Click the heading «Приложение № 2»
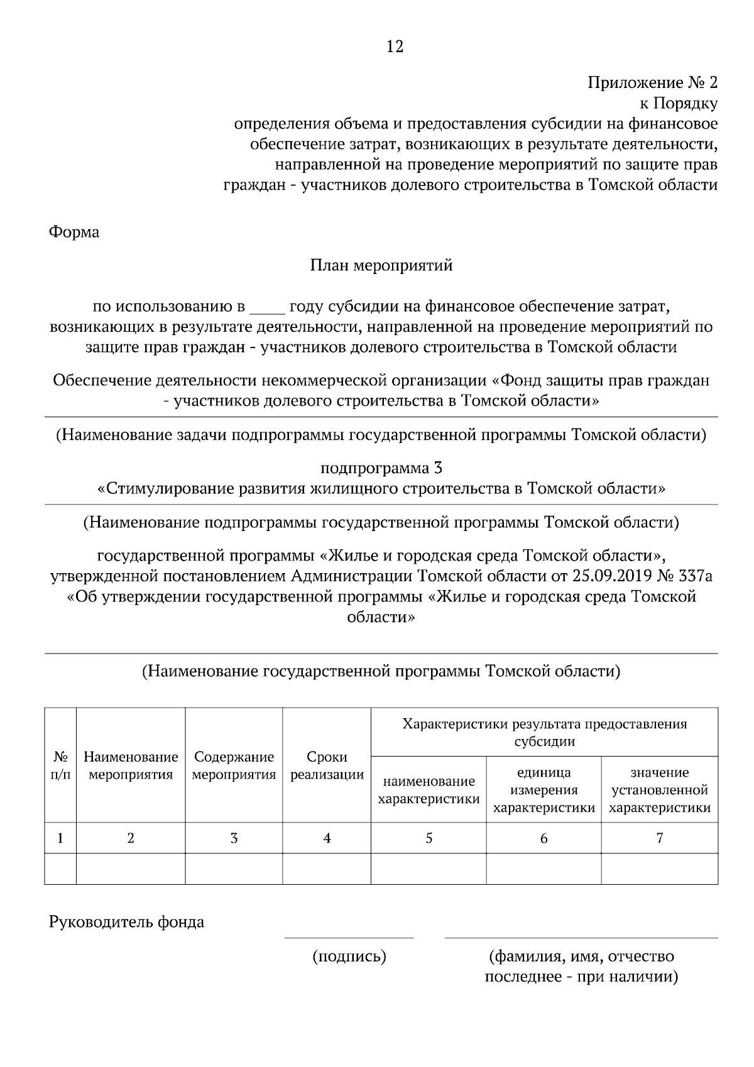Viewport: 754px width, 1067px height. [x=652, y=83]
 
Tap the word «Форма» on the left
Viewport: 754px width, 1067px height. [x=74, y=233]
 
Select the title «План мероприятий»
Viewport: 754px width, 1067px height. [x=381, y=266]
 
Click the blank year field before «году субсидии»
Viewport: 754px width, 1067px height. [x=268, y=307]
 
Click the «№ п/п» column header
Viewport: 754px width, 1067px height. [x=60, y=765]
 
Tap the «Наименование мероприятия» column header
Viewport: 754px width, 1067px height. [x=131, y=765]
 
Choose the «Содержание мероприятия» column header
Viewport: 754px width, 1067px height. [x=234, y=765]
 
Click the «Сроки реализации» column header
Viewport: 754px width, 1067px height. [x=327, y=765]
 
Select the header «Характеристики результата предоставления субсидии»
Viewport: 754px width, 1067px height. [x=544, y=733]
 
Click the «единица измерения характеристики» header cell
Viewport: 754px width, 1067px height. [x=544, y=790]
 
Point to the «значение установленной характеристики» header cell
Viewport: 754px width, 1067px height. [x=660, y=790]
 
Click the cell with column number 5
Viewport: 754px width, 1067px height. [x=429, y=838]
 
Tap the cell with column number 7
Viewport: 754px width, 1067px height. [x=660, y=838]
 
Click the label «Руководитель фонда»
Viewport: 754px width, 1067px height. [x=126, y=922]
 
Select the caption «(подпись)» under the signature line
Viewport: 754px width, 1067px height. [x=349, y=957]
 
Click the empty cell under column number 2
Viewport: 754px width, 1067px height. [x=131, y=868]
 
